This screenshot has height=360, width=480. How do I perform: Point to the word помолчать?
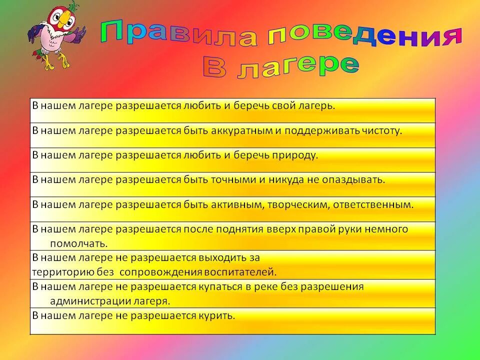78,243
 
